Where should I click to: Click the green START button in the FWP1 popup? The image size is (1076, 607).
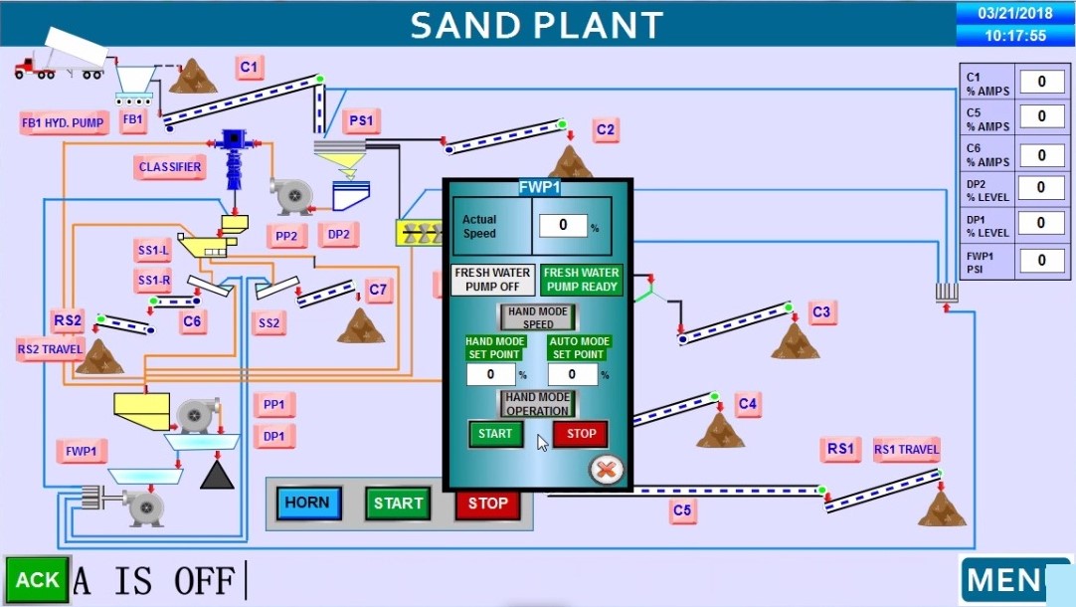coord(495,434)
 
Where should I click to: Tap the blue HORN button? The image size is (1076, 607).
coord(307,503)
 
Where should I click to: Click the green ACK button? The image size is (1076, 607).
coord(37,579)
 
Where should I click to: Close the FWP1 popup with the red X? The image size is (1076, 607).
coord(606,469)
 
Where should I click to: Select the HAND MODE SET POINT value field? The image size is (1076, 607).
coord(491,375)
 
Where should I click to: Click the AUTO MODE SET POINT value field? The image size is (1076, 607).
coord(573,375)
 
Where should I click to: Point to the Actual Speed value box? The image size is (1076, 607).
coord(564,226)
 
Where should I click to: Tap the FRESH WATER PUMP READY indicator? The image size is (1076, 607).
coord(582,280)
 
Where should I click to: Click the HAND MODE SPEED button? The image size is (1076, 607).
coord(537,317)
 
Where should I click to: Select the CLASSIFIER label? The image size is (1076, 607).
coord(170,167)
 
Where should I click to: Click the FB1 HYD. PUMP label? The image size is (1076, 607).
coord(63,123)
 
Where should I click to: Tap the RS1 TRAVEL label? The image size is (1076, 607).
coord(906,450)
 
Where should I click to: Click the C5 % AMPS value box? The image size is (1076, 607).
coord(1041,117)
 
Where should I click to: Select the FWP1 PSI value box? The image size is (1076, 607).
coord(1041,260)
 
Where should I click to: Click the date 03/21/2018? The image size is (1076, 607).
coord(1015,14)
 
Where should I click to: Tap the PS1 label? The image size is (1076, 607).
coord(361,121)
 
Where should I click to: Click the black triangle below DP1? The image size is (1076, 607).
coord(216,475)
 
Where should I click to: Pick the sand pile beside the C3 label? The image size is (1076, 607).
coord(795,341)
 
